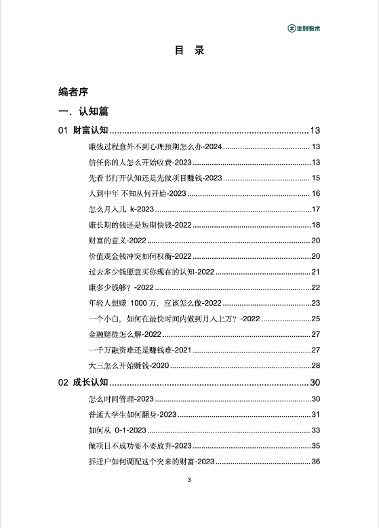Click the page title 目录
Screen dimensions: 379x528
pos(189,51)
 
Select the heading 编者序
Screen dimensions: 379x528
pos(73,92)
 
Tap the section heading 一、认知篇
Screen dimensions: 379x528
pos(83,111)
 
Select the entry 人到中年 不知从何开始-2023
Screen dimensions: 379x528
pos(137,194)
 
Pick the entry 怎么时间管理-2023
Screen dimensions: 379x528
pos(121,399)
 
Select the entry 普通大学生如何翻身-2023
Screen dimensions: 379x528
pos(132,415)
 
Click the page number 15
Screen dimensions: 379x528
pos(315,178)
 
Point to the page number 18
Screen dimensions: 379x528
pos(315,225)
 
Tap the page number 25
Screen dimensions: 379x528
pos(315,319)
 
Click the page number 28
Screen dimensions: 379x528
pos(315,365)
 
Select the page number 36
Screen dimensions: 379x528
pos(315,462)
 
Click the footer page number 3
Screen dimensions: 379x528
pos(189,480)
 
